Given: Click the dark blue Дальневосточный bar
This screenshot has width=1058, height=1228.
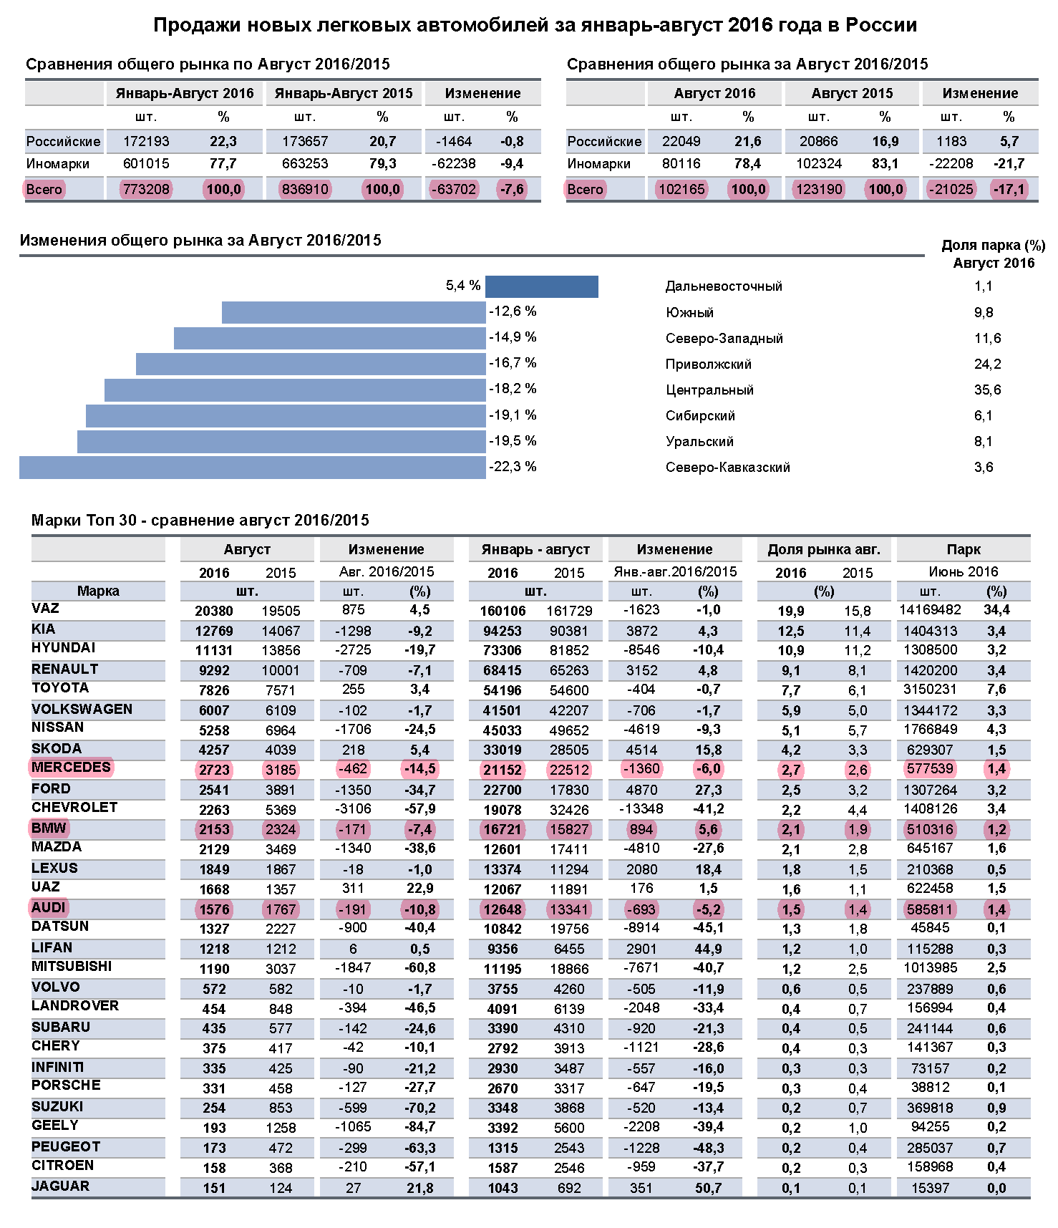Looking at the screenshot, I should click(541, 286).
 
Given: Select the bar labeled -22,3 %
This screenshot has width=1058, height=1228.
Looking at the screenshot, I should click(252, 468).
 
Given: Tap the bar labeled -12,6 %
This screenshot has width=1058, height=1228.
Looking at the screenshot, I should click(354, 312).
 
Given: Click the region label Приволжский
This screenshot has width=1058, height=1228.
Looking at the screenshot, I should click(708, 364).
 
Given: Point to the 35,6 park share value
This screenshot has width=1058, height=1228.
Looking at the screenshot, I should click(987, 390).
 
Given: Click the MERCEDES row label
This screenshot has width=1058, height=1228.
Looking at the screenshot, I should click(71, 767).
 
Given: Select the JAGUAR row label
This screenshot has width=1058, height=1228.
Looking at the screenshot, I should click(61, 1186).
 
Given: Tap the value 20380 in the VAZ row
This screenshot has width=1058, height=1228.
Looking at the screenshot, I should click(214, 611).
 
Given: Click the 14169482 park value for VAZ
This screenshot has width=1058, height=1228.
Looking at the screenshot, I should click(930, 609).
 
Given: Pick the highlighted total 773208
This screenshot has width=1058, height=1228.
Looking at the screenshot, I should click(146, 189).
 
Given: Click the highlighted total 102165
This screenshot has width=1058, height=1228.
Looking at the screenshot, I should click(681, 189).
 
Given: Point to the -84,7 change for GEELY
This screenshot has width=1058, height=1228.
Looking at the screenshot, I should click(419, 1127).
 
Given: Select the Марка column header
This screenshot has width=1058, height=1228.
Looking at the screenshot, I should click(98, 591).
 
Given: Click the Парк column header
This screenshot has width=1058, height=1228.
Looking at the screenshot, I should click(963, 549).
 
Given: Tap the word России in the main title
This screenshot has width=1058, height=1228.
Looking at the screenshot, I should click(880, 25).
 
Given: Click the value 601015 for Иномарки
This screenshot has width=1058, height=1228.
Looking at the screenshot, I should click(146, 163).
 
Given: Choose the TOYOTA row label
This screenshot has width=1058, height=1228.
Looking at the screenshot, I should click(60, 687).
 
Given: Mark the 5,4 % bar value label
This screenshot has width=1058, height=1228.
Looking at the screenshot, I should click(462, 286).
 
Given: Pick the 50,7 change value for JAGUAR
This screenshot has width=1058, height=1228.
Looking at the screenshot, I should click(708, 1188).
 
